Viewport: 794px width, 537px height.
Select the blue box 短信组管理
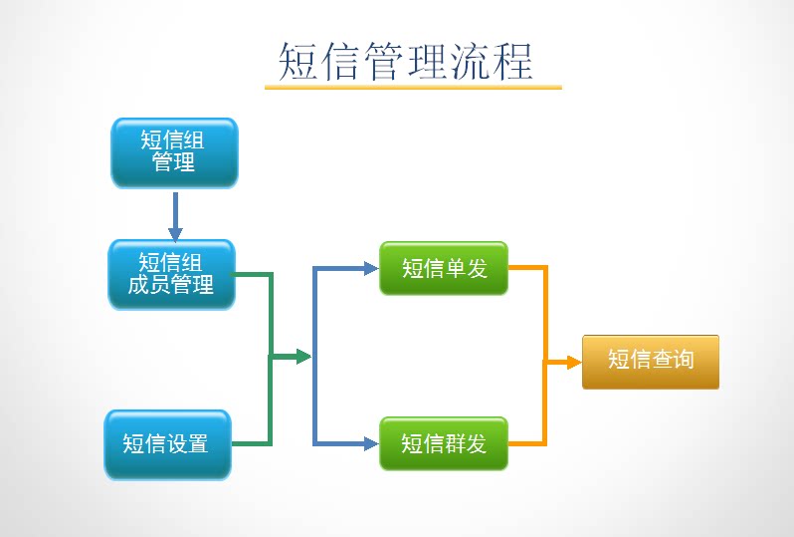[174, 152]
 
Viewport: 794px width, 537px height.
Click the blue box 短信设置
[167, 444]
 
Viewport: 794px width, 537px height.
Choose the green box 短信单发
[444, 268]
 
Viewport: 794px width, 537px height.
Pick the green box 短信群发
[444, 443]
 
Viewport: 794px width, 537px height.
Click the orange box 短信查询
[650, 361]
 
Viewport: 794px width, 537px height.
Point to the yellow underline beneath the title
[413, 88]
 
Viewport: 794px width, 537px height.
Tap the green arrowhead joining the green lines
[302, 357]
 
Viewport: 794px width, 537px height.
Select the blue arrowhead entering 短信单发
[370, 268]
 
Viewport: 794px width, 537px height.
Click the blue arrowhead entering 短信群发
[370, 443]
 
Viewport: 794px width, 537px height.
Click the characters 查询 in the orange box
[672, 361]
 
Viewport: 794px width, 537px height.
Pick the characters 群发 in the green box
[466, 443]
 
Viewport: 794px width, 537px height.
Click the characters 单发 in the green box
[466, 268]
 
